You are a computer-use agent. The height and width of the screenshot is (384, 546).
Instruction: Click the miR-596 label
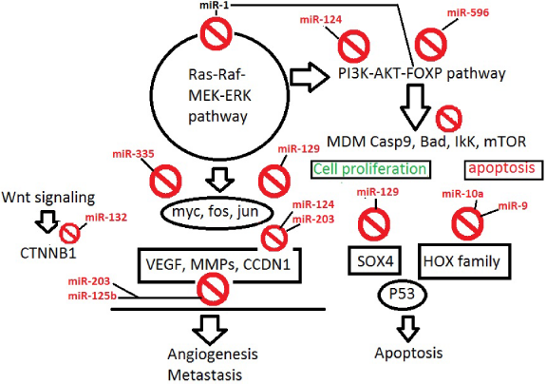pos(467,13)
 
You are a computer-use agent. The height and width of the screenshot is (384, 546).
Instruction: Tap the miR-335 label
pos(133,154)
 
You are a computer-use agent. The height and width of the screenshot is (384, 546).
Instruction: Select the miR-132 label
pos(106,218)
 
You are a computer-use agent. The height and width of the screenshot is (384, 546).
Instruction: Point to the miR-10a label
pos(462,194)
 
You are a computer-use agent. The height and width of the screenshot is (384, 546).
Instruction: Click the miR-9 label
pos(513,206)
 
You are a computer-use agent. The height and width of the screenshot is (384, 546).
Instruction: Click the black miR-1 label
pos(214,5)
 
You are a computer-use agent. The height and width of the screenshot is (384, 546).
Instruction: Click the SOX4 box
pos(375,260)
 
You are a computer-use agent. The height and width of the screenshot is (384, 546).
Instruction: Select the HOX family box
pos(464,261)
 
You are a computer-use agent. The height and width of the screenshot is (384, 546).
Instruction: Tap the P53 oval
pos(403,295)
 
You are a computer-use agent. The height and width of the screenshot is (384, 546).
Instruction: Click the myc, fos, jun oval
pos(216,212)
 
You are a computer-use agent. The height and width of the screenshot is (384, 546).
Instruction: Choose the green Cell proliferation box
pos(370,169)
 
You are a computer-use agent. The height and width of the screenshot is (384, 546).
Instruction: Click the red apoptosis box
pos(504,169)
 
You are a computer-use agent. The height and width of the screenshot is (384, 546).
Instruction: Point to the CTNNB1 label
pos(48,254)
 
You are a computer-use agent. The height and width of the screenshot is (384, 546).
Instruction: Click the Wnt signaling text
pos(48,198)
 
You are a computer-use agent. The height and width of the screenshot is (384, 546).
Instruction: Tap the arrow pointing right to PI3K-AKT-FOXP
pos(310,77)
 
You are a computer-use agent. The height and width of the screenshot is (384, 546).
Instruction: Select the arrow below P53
pos(407,329)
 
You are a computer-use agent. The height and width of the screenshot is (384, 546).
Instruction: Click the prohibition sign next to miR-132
pos(69,233)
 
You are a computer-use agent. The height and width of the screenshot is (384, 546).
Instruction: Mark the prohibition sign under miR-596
pos(431,45)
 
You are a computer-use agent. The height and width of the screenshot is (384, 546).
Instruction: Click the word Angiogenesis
pos(213,355)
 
